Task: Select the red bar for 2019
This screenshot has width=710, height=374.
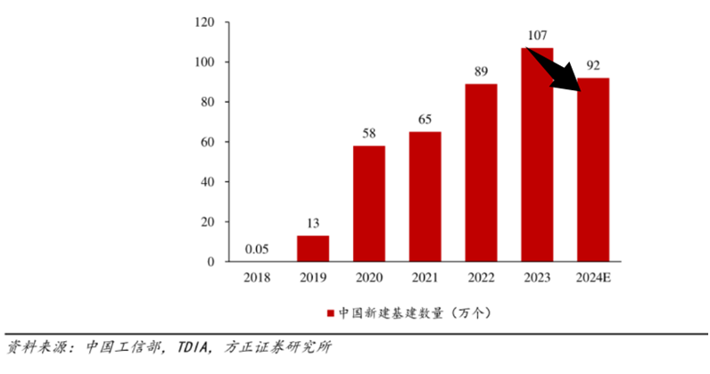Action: click(x=312, y=248)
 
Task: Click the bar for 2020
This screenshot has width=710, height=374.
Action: click(x=368, y=204)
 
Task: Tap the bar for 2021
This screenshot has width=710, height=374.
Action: click(x=425, y=196)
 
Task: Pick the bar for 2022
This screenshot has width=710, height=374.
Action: click(x=481, y=172)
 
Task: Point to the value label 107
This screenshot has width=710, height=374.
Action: click(x=537, y=36)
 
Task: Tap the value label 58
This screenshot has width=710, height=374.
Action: click(x=368, y=134)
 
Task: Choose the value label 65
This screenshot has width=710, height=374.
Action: click(x=425, y=121)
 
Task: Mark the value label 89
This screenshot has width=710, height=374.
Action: click(x=481, y=72)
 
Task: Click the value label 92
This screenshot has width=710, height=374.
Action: click(x=593, y=65)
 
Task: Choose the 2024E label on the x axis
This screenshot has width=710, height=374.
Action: click(x=593, y=278)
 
